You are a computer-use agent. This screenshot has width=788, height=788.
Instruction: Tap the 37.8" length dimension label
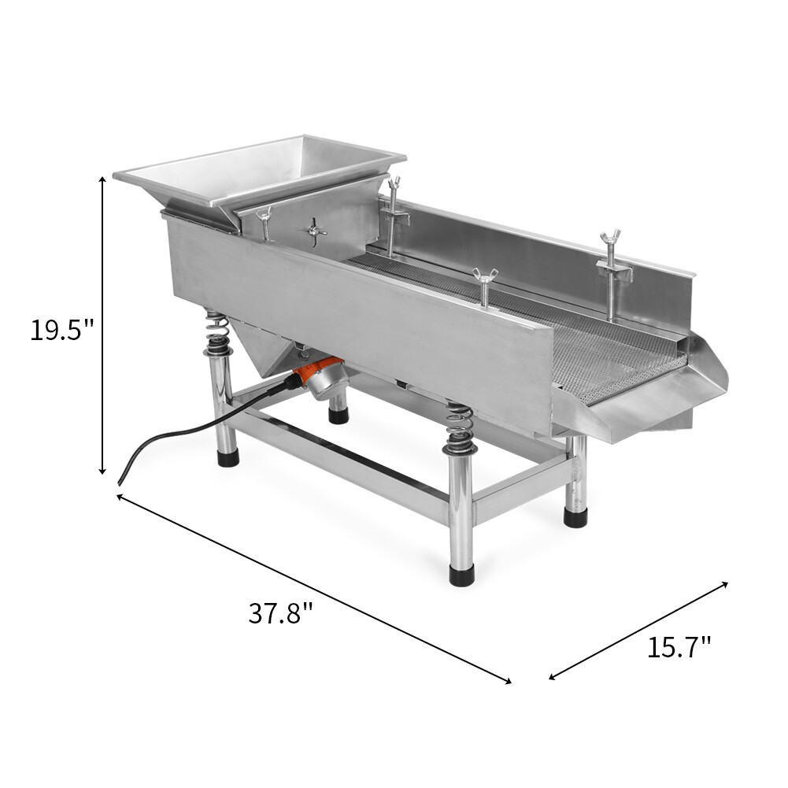coord(281,612)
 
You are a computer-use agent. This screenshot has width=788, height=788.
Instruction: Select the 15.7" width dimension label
coord(679,646)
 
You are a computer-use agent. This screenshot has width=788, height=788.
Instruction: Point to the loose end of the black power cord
coord(120,481)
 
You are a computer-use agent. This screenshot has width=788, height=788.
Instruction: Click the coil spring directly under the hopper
coord(218,334)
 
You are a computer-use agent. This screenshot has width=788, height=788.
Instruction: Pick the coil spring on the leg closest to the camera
coord(460,429)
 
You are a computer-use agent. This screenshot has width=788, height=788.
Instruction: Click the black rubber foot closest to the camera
coord(461,575)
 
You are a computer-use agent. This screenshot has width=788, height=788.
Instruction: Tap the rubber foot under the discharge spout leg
coord(575,517)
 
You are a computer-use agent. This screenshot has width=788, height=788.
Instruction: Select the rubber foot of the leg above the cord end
coord(228,457)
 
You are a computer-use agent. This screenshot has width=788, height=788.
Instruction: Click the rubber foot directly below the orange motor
coord(339,415)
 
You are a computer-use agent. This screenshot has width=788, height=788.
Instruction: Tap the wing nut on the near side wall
coord(484,276)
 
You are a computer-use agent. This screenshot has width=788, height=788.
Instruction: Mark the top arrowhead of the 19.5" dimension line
coord(102,179)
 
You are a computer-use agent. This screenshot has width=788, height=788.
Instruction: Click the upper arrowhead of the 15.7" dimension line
coord(725,583)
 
